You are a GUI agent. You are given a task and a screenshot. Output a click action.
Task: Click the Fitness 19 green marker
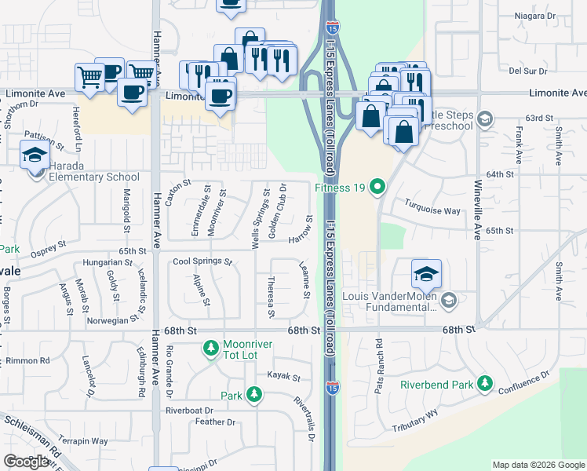point(377,187)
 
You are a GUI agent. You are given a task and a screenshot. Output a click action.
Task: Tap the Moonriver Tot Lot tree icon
point(210,346)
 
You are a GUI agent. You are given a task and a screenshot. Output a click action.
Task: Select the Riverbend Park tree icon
point(485,384)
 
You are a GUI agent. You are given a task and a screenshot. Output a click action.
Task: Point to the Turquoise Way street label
point(432,211)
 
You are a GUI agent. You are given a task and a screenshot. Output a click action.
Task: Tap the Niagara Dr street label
point(534,16)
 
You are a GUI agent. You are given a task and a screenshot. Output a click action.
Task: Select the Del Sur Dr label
point(527,71)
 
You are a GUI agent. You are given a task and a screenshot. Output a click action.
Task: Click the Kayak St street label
point(284,378)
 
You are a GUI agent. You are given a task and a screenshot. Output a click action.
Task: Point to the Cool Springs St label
point(202,261)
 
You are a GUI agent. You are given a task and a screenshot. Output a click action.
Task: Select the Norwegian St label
point(108,320)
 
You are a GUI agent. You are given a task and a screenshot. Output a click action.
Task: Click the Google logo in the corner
point(26,462)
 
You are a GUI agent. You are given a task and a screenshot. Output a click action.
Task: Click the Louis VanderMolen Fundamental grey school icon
point(449,301)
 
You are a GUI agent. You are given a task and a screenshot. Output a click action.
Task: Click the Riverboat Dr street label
point(189,411)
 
